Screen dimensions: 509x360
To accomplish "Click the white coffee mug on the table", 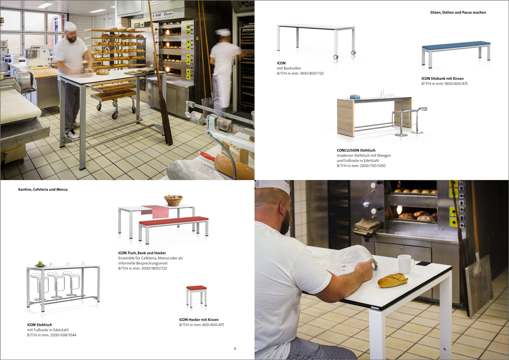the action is tap(406, 264).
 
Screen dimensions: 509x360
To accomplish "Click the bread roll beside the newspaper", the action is tap(393, 280).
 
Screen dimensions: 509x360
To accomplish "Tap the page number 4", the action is tap(235, 348).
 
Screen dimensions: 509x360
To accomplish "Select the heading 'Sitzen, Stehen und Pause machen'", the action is tap(458, 12).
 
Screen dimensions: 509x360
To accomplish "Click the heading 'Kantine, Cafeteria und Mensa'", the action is tap(43, 190).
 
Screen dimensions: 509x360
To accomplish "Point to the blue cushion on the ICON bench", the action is tap(456, 45).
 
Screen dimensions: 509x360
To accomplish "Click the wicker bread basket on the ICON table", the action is tap(173, 200).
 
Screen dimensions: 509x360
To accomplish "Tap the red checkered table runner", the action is tap(155, 211).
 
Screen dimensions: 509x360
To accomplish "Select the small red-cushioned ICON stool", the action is tap(196, 296).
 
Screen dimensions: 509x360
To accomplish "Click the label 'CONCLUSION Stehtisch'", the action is tap(356, 150).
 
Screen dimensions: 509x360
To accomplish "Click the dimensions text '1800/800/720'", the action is tap(312, 74).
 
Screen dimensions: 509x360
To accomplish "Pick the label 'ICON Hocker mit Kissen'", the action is tap(198, 320).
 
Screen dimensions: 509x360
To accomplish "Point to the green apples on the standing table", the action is tap(40, 264).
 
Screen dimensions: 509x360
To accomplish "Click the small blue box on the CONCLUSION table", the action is tap(355, 96).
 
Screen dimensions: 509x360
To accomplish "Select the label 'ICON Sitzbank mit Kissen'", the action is tap(442, 78).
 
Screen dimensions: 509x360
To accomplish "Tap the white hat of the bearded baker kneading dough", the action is tap(70, 26).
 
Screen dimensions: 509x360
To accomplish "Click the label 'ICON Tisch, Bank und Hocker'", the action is tap(142, 253).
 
